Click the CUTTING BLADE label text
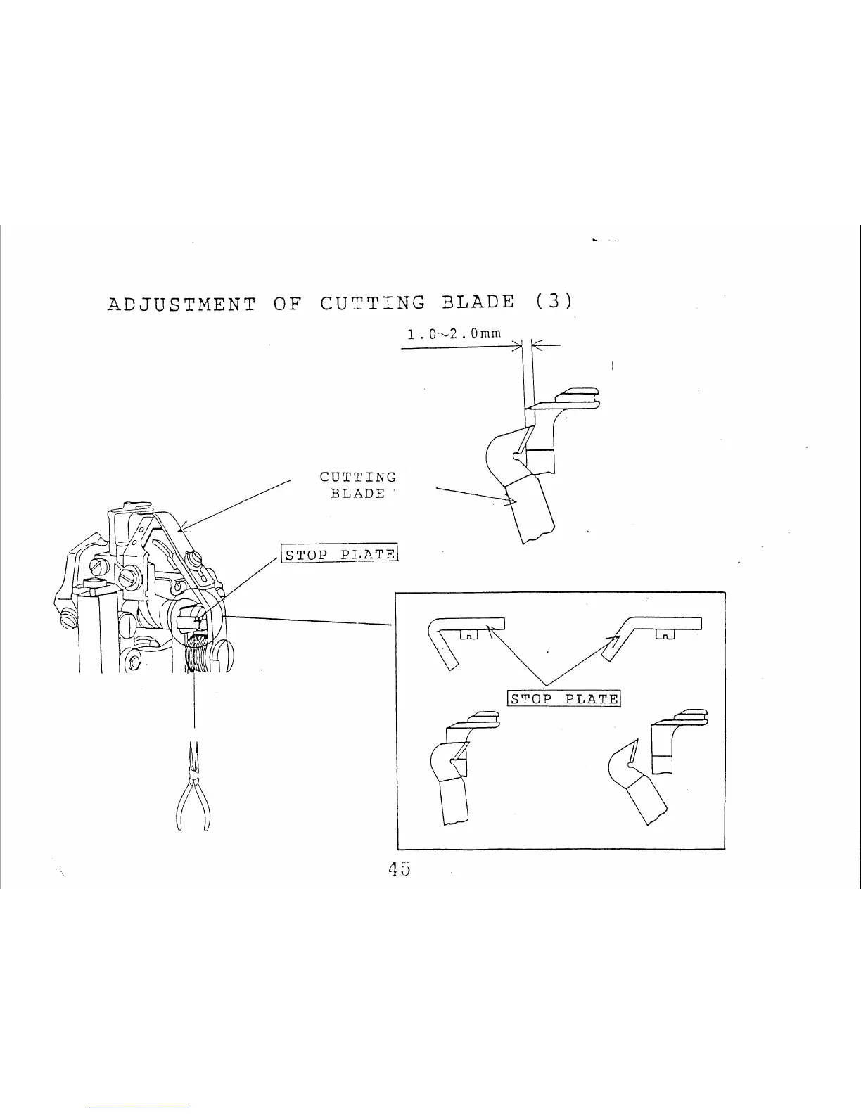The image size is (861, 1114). coord(358,485)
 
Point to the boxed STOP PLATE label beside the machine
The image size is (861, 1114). coord(340,554)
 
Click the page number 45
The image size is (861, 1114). coord(399,869)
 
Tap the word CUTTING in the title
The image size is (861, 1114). coord(373,302)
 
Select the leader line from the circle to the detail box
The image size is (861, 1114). coord(310,620)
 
